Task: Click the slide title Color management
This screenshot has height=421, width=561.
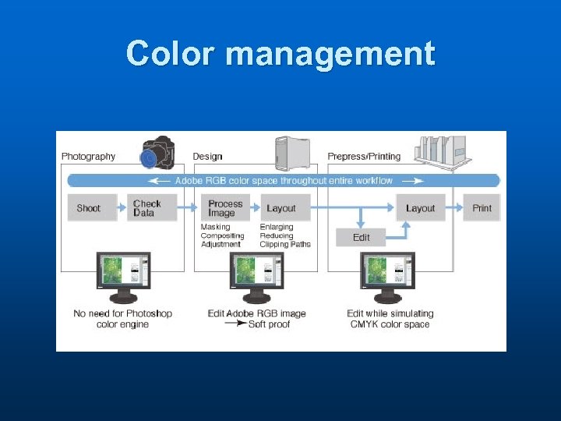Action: [280, 55]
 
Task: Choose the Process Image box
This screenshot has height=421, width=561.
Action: [225, 208]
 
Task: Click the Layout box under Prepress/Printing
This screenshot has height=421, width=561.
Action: [421, 208]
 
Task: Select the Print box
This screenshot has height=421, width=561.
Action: [482, 208]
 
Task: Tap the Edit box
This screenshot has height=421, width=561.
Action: [361, 237]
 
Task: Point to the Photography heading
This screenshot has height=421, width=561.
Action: [88, 157]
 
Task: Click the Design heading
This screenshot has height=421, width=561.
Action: [207, 157]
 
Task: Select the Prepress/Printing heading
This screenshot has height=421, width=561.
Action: [364, 157]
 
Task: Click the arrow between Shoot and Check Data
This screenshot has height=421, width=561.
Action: [122, 208]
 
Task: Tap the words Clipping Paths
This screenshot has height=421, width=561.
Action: [284, 245]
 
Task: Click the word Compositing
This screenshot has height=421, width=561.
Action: [222, 236]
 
